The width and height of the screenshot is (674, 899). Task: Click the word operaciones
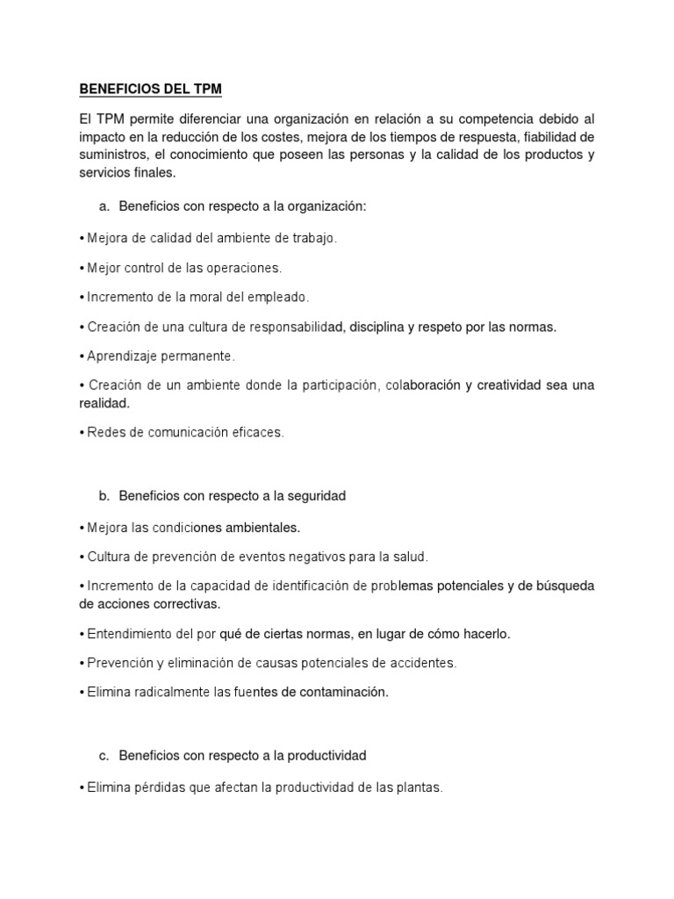(x=247, y=268)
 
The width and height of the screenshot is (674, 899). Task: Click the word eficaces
(x=257, y=433)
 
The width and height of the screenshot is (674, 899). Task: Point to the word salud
(x=410, y=557)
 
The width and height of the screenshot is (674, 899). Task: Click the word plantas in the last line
(x=419, y=788)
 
